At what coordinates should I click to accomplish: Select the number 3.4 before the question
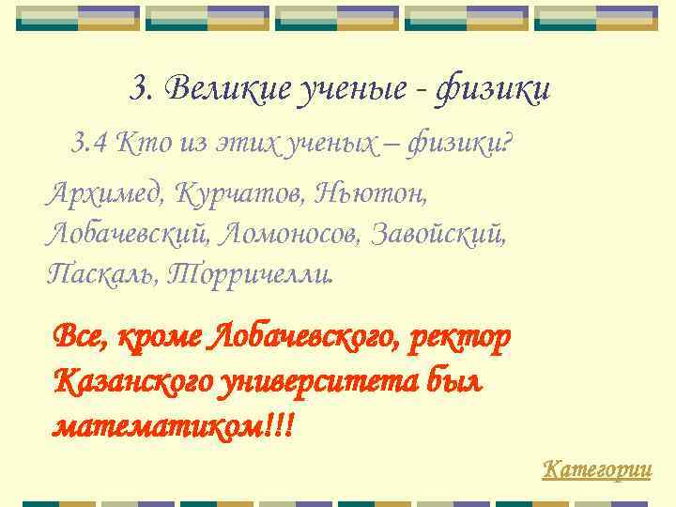[x=90, y=144]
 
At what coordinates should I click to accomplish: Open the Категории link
[x=597, y=469]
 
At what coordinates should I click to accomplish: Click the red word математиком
[x=160, y=426]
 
